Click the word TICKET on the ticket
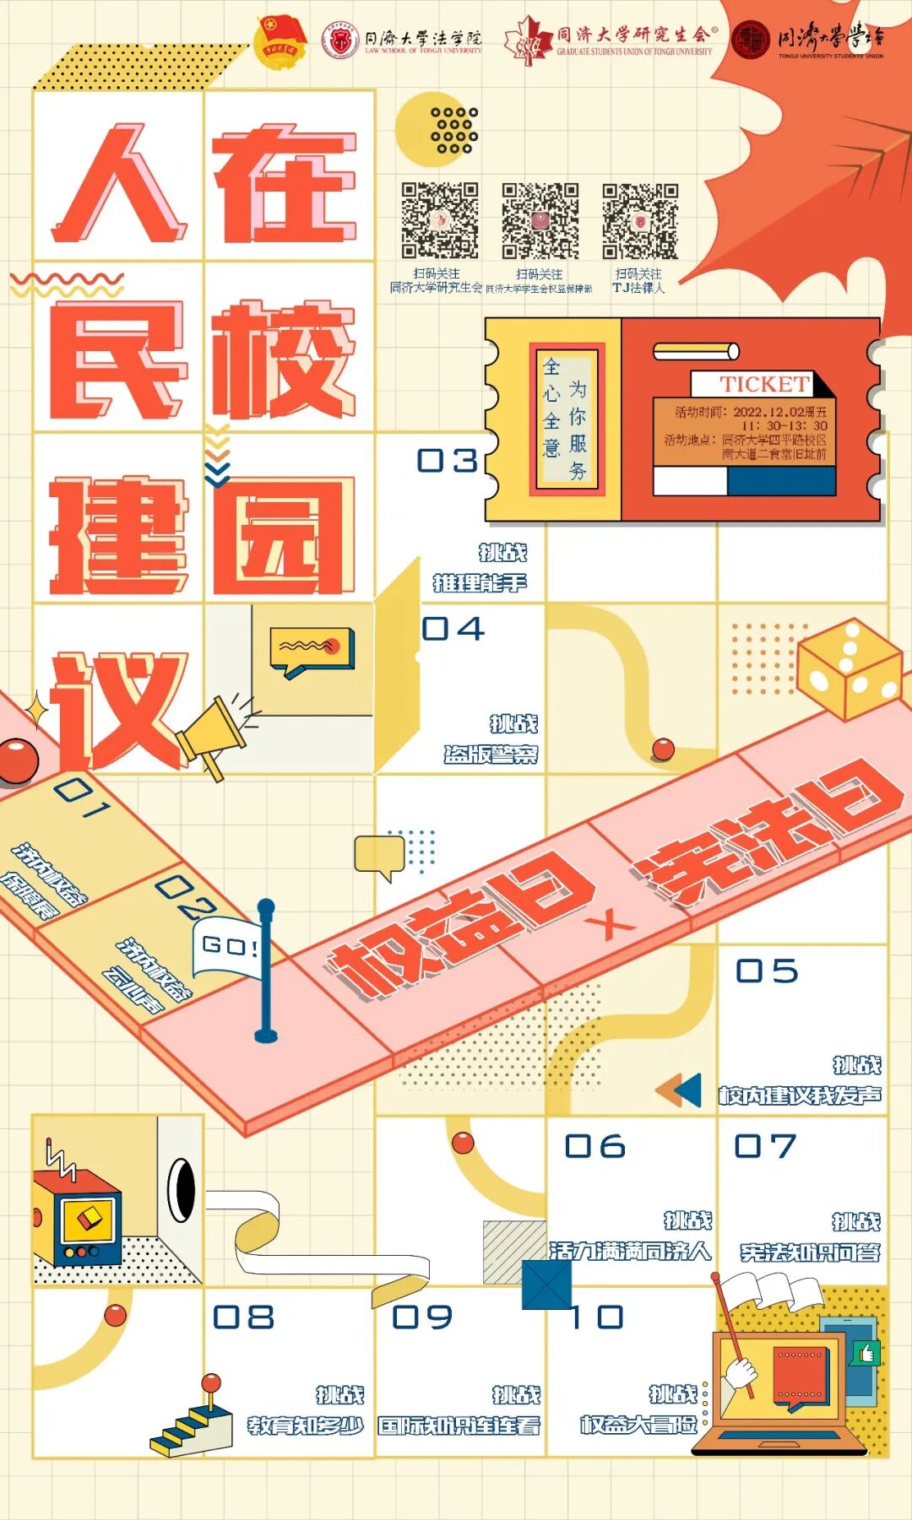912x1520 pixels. pyautogui.click(x=764, y=385)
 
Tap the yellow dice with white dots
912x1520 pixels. pyautogui.click(x=849, y=669)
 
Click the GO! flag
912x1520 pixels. pyautogui.click(x=229, y=947)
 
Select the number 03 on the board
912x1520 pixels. pyautogui.click(x=448, y=461)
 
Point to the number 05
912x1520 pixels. pyautogui.click(x=767, y=971)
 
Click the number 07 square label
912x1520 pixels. pyautogui.click(x=765, y=1146)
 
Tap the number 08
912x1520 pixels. pyautogui.click(x=243, y=1317)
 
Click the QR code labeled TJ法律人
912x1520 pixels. pyautogui.click(x=640, y=221)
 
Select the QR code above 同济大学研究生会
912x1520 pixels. pyautogui.click(x=439, y=220)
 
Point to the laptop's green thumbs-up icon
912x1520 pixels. pyautogui.click(x=866, y=1353)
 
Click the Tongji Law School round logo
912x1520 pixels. pyautogui.click(x=341, y=39)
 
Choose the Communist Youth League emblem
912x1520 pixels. pyautogui.click(x=281, y=40)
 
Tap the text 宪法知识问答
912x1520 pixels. pyautogui.click(x=810, y=1252)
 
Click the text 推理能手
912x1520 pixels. pyautogui.click(x=480, y=583)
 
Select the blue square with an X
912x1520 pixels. pyautogui.click(x=546, y=1285)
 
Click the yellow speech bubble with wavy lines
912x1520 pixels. pyautogui.click(x=310, y=650)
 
